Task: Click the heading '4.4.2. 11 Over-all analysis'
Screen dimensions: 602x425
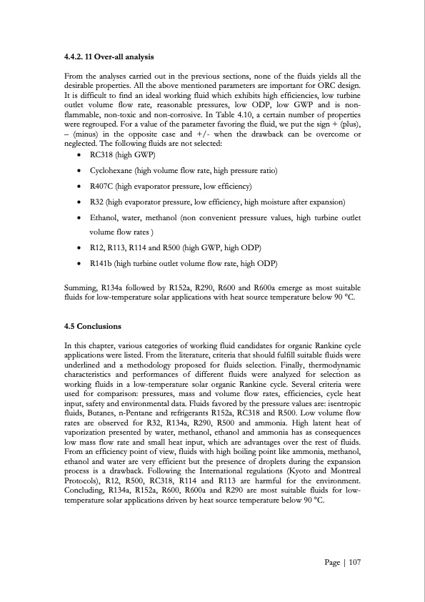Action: click(109, 56)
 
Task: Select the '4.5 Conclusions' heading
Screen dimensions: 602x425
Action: click(93, 327)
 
